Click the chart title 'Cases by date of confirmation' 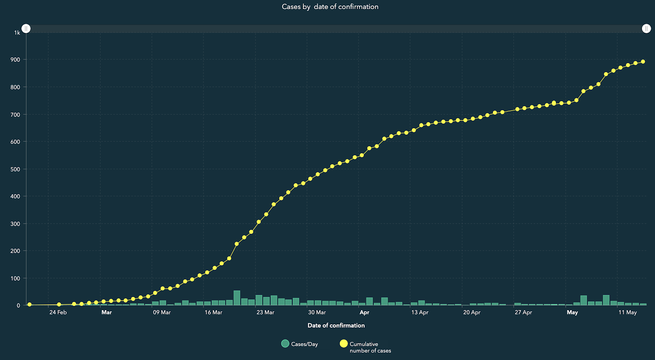click(x=330, y=7)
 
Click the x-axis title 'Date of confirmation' click(x=336, y=325)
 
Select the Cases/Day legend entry click(x=300, y=344)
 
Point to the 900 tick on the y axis click(x=15, y=59)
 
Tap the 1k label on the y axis click(x=17, y=33)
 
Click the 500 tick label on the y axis click(x=15, y=169)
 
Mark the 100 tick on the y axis click(x=15, y=278)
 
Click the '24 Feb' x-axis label click(x=58, y=312)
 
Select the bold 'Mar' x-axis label click(x=106, y=312)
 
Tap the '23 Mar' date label click(x=265, y=312)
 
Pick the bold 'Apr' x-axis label click(x=364, y=312)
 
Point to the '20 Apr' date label click(x=472, y=312)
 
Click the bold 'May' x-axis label click(x=572, y=312)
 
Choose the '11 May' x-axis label click(x=628, y=312)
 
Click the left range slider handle click(x=26, y=28)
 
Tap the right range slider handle click(x=646, y=28)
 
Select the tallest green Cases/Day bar click(x=237, y=298)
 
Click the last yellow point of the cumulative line click(x=643, y=62)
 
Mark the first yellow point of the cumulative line click(x=29, y=305)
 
